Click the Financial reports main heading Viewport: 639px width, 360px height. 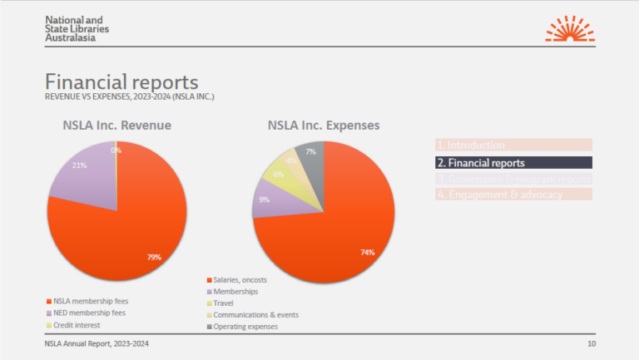(121, 82)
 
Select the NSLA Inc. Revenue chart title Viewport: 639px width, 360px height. (117, 126)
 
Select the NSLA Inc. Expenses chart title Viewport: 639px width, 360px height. (324, 126)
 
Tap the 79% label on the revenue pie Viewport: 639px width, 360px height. (154, 257)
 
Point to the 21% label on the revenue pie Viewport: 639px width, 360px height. (80, 165)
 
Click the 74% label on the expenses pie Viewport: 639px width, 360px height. (367, 252)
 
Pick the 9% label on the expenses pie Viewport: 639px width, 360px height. (264, 200)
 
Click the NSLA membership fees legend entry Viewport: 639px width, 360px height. (90, 301)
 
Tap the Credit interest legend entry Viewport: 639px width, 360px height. (75, 324)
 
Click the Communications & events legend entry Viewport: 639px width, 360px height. (255, 315)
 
